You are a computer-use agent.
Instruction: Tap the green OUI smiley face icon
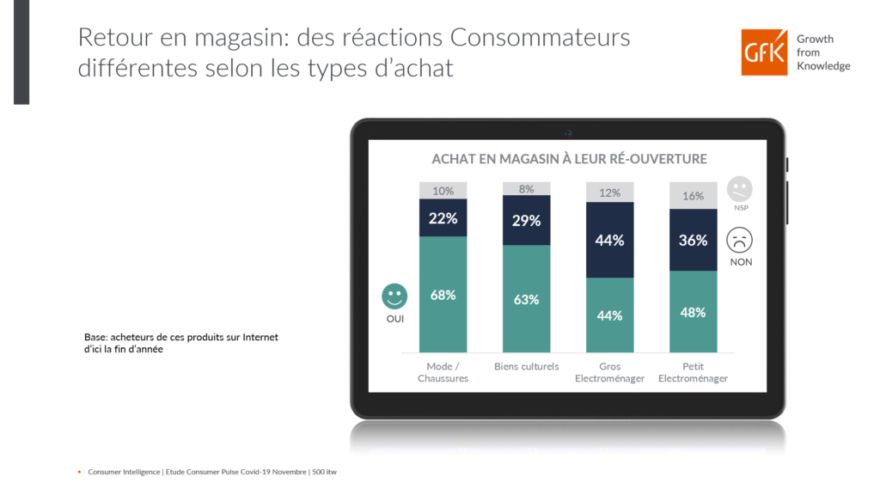pos(394,296)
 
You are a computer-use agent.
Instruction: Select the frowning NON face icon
pos(739,239)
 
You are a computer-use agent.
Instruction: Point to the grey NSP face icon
pos(739,188)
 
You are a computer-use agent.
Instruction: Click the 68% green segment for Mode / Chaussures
pos(443,294)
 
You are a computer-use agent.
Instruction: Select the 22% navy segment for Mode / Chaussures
pos(443,218)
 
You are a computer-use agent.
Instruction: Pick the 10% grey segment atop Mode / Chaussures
pos(443,191)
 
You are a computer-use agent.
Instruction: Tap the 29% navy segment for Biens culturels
pos(526,221)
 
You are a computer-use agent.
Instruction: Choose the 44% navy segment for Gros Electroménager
pos(609,240)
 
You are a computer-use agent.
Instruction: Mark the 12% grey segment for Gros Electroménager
pos(609,192)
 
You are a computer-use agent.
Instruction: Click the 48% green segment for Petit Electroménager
pos(693,311)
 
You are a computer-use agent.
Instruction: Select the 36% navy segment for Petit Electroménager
pos(693,240)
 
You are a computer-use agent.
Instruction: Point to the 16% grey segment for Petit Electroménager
pos(693,196)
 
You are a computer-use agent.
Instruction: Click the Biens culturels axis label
pos(526,367)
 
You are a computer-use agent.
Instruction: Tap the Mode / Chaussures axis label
pos(443,372)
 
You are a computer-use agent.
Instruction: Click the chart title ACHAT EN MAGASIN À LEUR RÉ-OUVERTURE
pos(569,159)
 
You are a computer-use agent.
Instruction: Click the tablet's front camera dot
pos(568,132)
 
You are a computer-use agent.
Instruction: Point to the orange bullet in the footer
pos(80,472)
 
